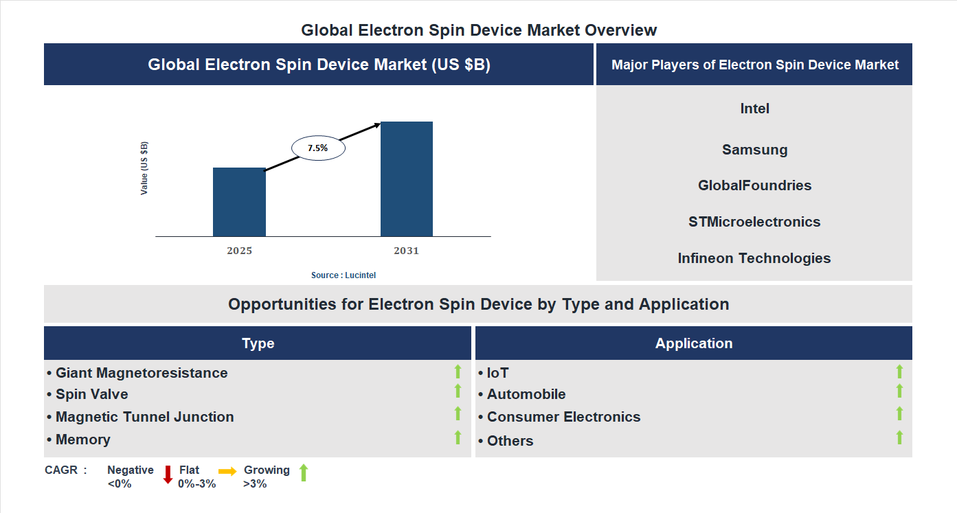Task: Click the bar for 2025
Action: coord(239,202)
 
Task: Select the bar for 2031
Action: coord(407,179)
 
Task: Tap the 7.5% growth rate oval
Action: coord(318,148)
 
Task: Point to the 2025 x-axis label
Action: coord(239,251)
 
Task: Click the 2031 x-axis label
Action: coord(406,251)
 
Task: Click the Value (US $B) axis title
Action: coord(144,168)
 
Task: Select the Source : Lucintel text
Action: coord(344,275)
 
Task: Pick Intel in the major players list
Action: coord(754,109)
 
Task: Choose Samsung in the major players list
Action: coord(754,150)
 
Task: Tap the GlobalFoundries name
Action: coord(754,185)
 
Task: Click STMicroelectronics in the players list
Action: coord(754,222)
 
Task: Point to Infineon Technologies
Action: coord(754,258)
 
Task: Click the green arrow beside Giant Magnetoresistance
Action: coord(458,372)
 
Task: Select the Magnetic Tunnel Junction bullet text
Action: coord(144,417)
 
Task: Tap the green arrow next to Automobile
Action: coord(899,391)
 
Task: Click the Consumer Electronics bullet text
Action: coord(563,417)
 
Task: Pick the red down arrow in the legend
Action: coord(168,475)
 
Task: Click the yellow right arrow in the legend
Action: coord(227,471)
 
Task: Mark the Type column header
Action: coord(258,343)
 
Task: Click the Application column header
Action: coord(694,343)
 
